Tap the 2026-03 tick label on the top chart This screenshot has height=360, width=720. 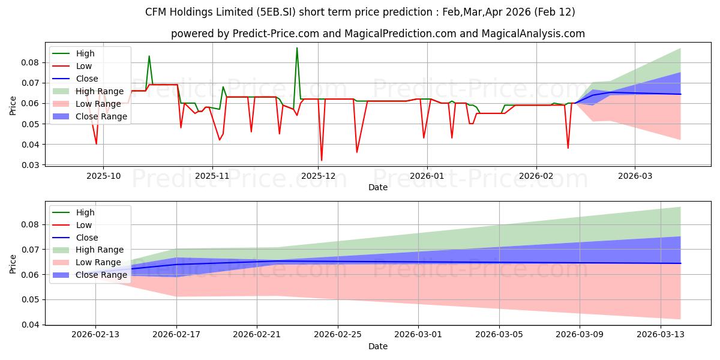tap(635, 176)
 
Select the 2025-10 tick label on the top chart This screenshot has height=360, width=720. tap(103, 176)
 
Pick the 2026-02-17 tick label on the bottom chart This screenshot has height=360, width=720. tap(176, 335)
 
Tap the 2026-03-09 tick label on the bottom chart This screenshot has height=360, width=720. tap(580, 335)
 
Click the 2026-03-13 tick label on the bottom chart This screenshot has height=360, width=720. tap(660, 335)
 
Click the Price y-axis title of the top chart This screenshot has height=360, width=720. tap(13, 105)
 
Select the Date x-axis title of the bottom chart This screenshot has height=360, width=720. tap(378, 346)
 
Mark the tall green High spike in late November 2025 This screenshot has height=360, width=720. tap(296, 48)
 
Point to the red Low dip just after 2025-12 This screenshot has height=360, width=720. tap(322, 160)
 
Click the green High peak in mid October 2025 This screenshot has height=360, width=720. tap(149, 56)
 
